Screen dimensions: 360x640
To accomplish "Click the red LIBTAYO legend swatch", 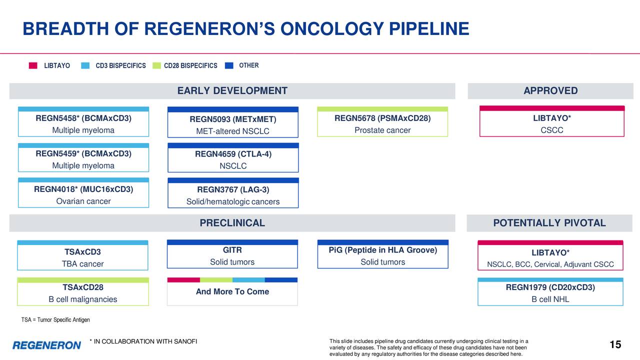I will (33, 65).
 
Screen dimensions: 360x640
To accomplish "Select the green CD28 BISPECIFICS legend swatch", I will (157, 65).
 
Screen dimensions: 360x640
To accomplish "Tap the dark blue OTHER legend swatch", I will (229, 65).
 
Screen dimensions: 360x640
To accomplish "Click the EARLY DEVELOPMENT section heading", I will (232, 91).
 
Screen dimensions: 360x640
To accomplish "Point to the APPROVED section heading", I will (550, 91).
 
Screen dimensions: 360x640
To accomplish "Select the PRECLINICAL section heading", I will (232, 223).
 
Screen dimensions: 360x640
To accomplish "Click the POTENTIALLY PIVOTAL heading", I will (549, 223).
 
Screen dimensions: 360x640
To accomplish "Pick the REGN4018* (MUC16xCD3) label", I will (83, 189).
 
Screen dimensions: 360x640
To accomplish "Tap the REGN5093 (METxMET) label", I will (232, 119).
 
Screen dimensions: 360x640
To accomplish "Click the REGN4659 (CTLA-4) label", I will (233, 154).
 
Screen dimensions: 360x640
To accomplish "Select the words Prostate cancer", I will (382, 130).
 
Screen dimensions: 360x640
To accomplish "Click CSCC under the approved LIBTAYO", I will (551, 130).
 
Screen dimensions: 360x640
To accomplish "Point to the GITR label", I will (232, 250).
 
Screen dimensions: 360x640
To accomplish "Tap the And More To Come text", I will (232, 291).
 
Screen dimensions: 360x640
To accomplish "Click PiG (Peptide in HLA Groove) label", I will (382, 250).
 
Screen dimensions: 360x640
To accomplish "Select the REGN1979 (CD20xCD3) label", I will (550, 287).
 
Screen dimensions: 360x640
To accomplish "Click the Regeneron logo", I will (46, 345).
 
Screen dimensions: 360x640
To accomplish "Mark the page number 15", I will (615, 344).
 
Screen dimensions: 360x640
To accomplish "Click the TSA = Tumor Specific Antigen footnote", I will (55, 320).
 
